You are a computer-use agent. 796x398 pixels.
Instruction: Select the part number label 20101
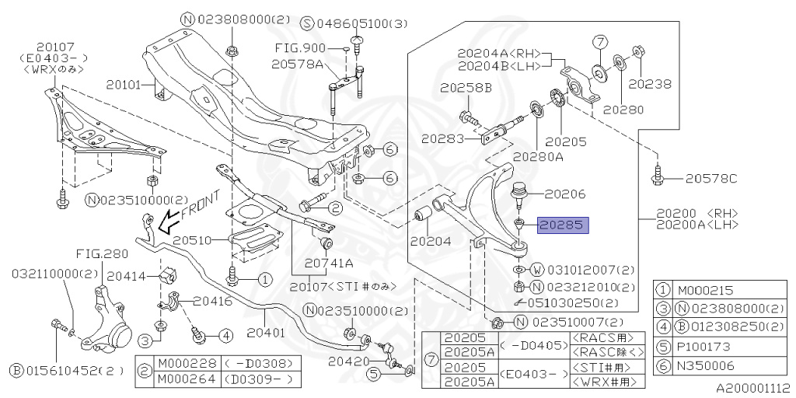coord(126,83)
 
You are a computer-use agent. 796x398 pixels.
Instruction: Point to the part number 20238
coord(650,82)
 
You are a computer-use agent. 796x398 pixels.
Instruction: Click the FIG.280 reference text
coord(101,253)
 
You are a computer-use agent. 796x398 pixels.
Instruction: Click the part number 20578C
coord(710,179)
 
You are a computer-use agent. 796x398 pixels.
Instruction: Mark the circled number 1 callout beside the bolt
coord(264,278)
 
